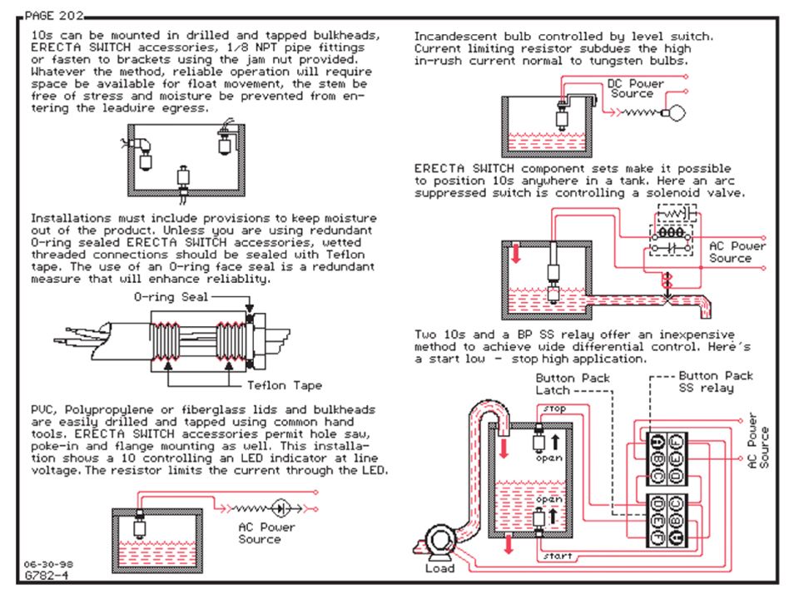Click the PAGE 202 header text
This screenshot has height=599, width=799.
click(x=54, y=16)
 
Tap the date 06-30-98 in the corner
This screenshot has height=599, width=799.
click(x=48, y=564)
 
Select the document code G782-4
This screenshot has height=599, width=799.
click(x=47, y=576)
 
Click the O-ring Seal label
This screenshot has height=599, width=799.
click(x=171, y=297)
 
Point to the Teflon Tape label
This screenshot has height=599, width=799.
click(x=285, y=385)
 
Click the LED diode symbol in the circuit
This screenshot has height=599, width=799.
click(x=280, y=508)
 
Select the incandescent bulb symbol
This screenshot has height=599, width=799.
click(x=674, y=112)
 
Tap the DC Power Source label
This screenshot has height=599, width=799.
click(x=635, y=89)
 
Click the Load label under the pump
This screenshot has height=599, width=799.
click(x=439, y=568)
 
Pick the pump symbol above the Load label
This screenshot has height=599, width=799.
click(x=439, y=541)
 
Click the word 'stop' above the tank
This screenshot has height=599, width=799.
click(x=554, y=408)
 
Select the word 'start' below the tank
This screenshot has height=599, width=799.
click(x=558, y=557)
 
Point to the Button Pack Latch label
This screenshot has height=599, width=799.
click(x=573, y=384)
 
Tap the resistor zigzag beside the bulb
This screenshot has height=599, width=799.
click(x=639, y=112)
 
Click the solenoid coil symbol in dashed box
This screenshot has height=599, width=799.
click(x=672, y=233)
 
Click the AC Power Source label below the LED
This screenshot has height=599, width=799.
click(x=266, y=533)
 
